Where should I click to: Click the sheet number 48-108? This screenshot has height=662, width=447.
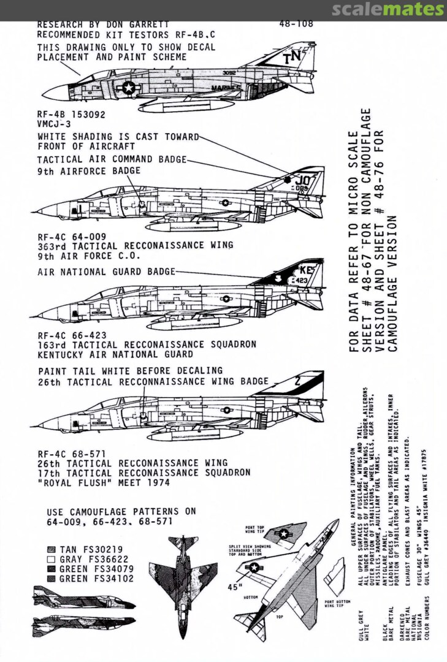[296, 25]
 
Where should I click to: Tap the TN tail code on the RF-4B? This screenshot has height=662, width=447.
[291, 59]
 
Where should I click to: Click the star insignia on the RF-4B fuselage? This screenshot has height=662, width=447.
[129, 88]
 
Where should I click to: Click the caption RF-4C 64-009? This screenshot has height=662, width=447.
[72, 236]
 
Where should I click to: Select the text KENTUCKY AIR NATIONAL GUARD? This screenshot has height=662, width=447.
[115, 354]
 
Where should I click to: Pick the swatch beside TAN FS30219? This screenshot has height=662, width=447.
[52, 550]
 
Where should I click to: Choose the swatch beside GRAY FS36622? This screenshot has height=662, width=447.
[52, 559]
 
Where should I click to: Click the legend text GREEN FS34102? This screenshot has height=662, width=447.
[96, 578]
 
